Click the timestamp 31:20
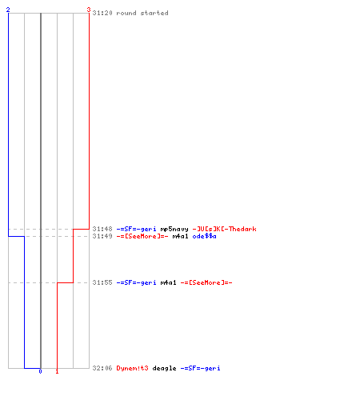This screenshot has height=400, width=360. (102, 13)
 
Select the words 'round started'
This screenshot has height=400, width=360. (142, 13)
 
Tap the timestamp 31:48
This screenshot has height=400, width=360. (102, 229)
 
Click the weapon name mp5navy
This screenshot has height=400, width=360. (174, 229)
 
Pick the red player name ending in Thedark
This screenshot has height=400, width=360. (224, 229)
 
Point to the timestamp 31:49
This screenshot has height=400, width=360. (102, 236)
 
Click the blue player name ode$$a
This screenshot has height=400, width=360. (204, 236)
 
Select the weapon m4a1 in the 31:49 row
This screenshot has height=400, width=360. (180, 236)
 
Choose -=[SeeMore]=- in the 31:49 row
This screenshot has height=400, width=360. (142, 236)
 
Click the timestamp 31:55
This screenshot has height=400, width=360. (102, 282)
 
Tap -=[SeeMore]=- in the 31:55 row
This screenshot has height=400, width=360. (206, 282)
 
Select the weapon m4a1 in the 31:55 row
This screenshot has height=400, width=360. (168, 282)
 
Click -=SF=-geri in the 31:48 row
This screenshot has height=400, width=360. (136, 229)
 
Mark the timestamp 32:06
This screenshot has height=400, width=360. (102, 368)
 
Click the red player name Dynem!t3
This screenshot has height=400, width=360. (132, 368)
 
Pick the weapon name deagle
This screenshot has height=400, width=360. (164, 369)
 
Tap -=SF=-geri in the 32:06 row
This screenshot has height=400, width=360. (200, 368)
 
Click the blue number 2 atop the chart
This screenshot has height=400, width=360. (8, 10)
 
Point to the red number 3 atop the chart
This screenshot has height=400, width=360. (89, 10)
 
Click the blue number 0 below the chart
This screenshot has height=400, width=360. (40, 371)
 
